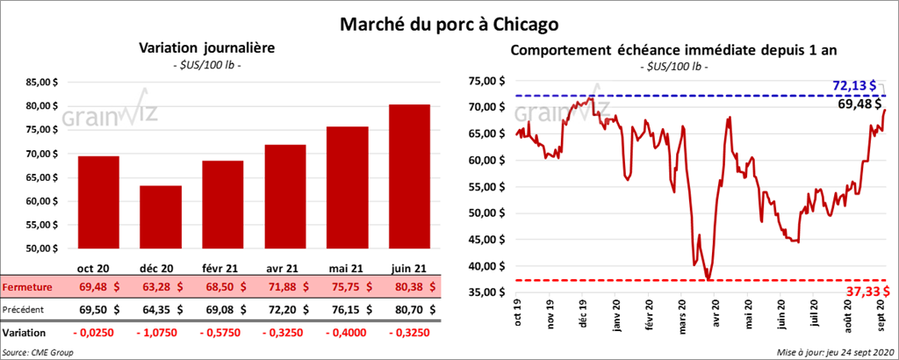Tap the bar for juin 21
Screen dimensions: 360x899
[411, 176]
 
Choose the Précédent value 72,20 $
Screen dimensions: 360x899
[285, 310]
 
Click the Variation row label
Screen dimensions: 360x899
[25, 334]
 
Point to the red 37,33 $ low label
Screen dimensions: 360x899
[861, 291]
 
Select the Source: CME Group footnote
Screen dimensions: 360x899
[38, 351]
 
